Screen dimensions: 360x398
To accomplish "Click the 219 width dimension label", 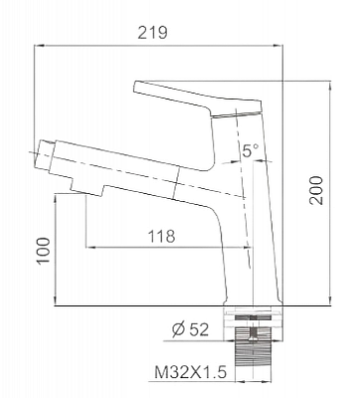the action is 153,33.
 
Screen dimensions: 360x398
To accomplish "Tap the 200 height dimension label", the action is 315,190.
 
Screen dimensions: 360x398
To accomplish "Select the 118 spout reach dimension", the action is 161,236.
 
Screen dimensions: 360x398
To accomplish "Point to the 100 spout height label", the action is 44,251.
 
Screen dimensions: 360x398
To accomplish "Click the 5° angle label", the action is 251,150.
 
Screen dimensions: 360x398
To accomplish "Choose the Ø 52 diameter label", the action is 190,329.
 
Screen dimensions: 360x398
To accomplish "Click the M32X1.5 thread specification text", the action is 190,372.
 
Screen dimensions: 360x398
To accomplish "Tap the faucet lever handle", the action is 198,99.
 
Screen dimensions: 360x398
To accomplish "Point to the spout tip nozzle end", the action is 45,156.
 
